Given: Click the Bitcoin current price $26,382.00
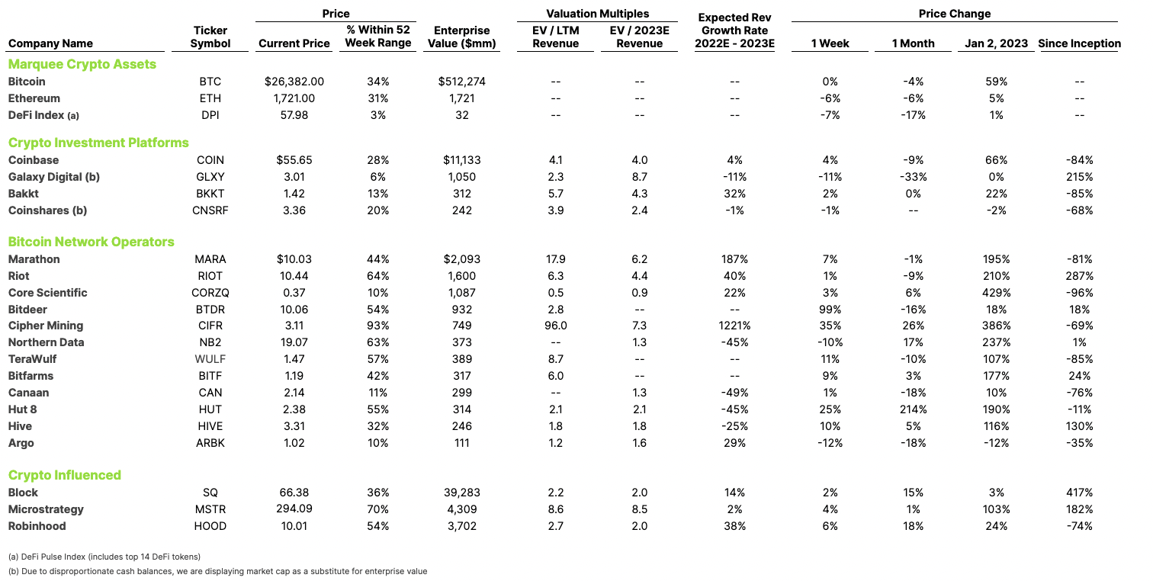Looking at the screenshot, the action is coord(294,82).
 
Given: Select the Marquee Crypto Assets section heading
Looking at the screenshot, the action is coord(82,64).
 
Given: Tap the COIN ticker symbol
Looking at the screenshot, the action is coord(210,160).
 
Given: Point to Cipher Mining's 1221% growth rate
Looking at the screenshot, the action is coord(734,326).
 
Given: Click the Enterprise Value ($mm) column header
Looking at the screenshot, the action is coord(461,37).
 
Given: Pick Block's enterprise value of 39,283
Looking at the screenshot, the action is coord(461,493).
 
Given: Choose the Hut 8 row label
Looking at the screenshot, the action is coord(22,409).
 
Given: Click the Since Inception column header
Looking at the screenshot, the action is coord(1079,43).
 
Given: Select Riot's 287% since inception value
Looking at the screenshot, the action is coord(1079,276).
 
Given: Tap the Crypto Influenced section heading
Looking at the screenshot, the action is coord(65,475).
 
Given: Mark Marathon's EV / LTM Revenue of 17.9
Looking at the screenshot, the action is coord(555,258).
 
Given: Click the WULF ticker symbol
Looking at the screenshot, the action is coord(210,358).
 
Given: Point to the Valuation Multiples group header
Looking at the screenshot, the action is coord(598,14).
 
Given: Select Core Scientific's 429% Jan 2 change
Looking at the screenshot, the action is coord(996,292).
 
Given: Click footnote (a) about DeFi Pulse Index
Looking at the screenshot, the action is coord(104,557).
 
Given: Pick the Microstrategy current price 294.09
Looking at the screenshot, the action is coord(294,509).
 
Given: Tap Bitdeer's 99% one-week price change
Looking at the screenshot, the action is coord(830,310).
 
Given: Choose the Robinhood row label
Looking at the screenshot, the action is coord(37,526).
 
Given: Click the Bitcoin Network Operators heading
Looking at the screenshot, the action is coord(91,242).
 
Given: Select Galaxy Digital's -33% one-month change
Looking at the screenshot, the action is coord(913,177).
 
